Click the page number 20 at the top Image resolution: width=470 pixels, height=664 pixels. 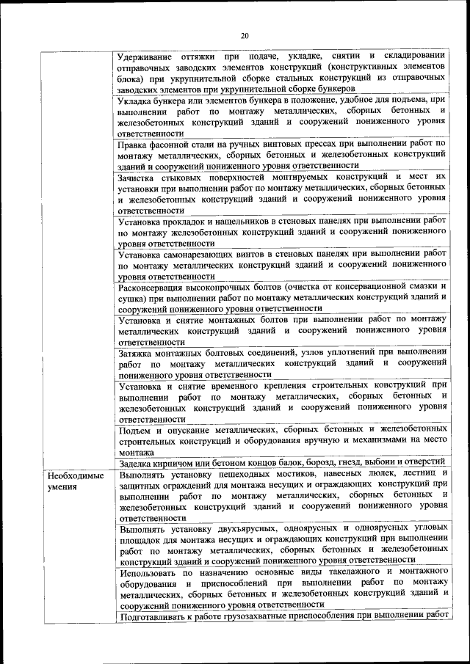(x=245, y=35)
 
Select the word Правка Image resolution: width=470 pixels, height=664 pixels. (x=136, y=144)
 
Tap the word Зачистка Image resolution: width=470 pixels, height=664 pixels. (x=141, y=177)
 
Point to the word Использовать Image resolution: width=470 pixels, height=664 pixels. (x=151, y=572)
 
